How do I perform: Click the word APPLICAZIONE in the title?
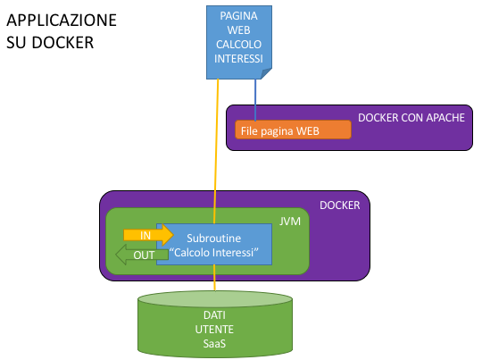tap(62, 21)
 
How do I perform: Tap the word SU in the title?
tap(16, 43)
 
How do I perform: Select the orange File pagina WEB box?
tap(293, 130)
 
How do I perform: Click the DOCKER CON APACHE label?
tap(411, 118)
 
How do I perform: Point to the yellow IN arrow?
tap(148, 235)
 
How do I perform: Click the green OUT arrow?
tap(142, 255)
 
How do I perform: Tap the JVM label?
tap(289, 222)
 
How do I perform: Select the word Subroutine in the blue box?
tap(214, 239)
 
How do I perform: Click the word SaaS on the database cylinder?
tap(214, 343)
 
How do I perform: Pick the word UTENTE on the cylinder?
tap(214, 330)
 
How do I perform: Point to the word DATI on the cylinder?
tap(214, 315)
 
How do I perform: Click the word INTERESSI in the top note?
tap(238, 58)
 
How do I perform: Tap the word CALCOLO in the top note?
tap(238, 45)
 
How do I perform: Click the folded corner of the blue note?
tap(266, 73)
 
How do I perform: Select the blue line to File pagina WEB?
tap(255, 100)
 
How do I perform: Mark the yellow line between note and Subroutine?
tap(216, 151)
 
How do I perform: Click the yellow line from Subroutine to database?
tap(214, 278)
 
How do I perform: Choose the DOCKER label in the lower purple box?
tap(340, 205)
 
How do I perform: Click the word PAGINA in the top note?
tap(238, 16)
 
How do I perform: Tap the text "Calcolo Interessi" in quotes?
tap(214, 252)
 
